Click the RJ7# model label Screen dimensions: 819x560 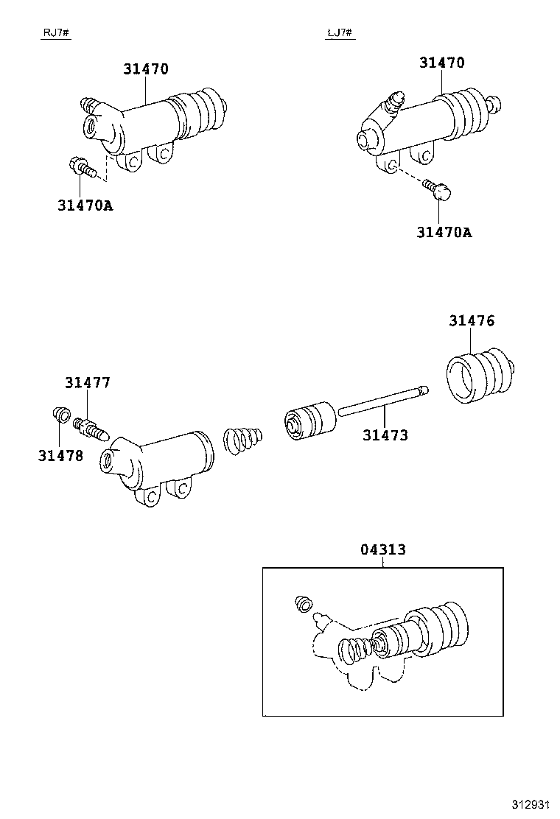pyautogui.click(x=55, y=33)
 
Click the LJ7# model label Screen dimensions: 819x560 pyautogui.click(x=339, y=33)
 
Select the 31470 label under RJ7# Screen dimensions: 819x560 pyautogui.click(x=146, y=69)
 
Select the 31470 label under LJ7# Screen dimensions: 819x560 pyautogui.click(x=442, y=63)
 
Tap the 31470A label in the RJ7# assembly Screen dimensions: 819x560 pyautogui.click(x=85, y=205)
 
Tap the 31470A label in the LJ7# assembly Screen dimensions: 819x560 pyautogui.click(x=444, y=232)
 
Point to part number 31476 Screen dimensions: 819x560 pyautogui.click(x=472, y=320)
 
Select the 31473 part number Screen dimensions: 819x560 pyautogui.click(x=385, y=435)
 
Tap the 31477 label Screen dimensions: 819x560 pyautogui.click(x=87, y=382)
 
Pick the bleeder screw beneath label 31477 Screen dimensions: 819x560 pyautogui.click(x=91, y=428)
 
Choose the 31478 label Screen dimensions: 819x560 pyautogui.click(x=60, y=455)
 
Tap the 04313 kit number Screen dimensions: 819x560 pyautogui.click(x=383, y=549)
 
